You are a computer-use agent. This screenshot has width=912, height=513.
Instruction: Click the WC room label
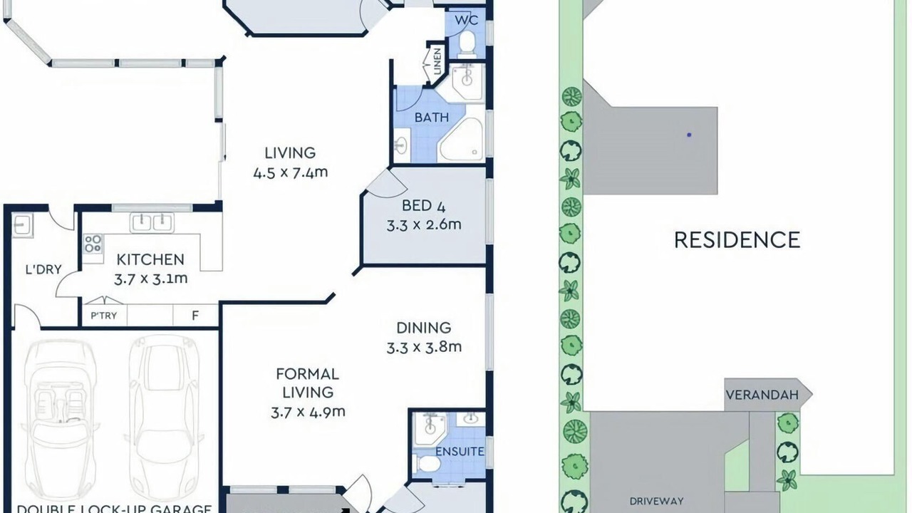pyautogui.click(x=467, y=20)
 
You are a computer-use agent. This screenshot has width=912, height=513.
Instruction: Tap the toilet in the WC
pyautogui.click(x=467, y=44)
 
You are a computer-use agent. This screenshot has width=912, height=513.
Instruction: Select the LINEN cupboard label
pyautogui.click(x=437, y=61)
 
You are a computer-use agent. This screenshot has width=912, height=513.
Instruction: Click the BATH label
pyautogui.click(x=432, y=118)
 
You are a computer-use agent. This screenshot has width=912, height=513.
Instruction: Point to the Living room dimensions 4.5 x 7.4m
pyautogui.click(x=290, y=172)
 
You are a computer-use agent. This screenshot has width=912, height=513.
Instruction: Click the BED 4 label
pyautogui.click(x=423, y=206)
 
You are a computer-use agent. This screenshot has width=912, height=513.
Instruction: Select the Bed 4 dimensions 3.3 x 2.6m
pyautogui.click(x=424, y=224)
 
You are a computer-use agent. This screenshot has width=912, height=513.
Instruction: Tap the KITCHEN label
pyautogui.click(x=150, y=260)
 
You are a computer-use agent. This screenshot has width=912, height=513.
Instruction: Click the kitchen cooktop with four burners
pyautogui.click(x=93, y=244)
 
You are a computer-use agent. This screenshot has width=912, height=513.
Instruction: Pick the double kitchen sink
pyautogui.click(x=152, y=223)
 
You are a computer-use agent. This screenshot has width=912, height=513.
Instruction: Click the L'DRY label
pyautogui.click(x=43, y=269)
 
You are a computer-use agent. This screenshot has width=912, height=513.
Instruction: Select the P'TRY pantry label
pyautogui.click(x=104, y=316)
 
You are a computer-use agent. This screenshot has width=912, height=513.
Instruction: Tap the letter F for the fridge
pyautogui.click(x=195, y=316)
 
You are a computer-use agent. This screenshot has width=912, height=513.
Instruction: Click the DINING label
pyautogui.click(x=424, y=328)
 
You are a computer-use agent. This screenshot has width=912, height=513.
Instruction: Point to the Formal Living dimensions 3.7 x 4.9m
pyautogui.click(x=308, y=412)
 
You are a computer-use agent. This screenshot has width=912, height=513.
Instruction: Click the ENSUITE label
pyautogui.click(x=460, y=452)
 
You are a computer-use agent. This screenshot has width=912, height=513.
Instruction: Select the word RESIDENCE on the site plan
pyautogui.click(x=737, y=240)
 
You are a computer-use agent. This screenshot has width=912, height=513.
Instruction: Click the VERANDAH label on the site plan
pyautogui.click(x=762, y=395)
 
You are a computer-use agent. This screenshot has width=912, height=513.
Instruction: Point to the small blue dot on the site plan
pyautogui.click(x=689, y=135)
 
